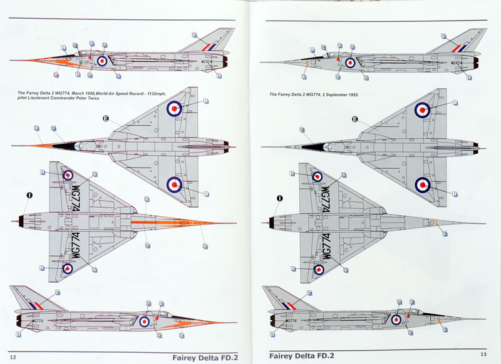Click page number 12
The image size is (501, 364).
point(13,357)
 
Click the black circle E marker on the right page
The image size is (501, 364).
point(356,119)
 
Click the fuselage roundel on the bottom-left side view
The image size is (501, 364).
point(144,321)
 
